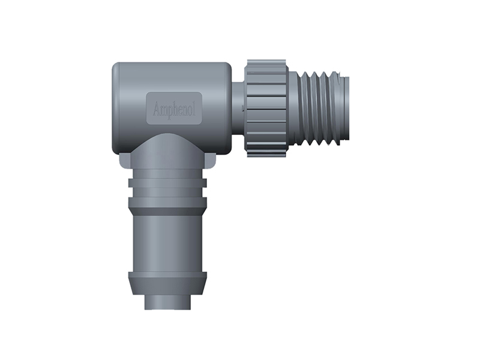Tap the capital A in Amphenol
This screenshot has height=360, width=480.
[x=157, y=109]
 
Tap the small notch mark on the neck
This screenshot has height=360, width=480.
[x=242, y=107]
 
